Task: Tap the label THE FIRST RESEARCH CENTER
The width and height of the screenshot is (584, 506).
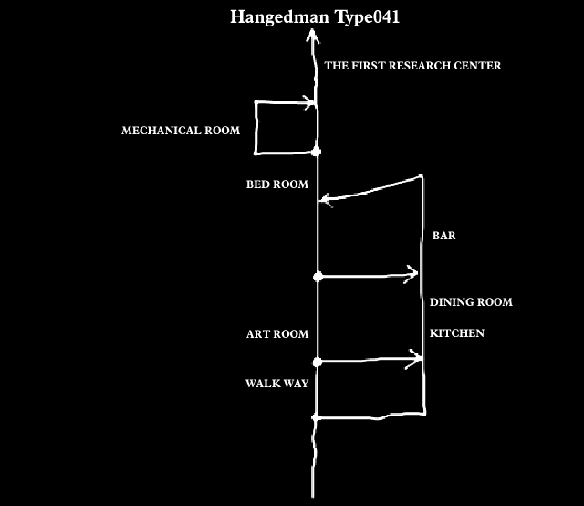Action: [412, 66]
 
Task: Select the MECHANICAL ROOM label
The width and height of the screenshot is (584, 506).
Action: [181, 131]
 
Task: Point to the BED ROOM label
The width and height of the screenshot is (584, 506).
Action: [277, 184]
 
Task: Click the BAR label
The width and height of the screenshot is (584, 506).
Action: [443, 236]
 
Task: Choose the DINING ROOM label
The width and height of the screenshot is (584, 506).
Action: [471, 302]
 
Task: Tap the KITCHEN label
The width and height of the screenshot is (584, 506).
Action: [457, 333]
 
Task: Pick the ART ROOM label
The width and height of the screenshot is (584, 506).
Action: [277, 334]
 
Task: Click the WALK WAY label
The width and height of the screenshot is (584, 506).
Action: [276, 384]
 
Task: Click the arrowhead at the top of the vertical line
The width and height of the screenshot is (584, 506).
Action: [313, 37]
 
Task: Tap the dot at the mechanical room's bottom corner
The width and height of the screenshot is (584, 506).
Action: [317, 150]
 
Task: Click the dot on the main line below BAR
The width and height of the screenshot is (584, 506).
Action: [318, 276]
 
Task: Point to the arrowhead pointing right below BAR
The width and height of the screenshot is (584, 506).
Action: [414, 272]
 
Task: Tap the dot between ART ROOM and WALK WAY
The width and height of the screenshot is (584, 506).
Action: [318, 363]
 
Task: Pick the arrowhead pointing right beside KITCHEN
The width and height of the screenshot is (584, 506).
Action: [419, 360]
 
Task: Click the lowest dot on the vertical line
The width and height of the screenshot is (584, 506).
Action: [317, 417]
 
